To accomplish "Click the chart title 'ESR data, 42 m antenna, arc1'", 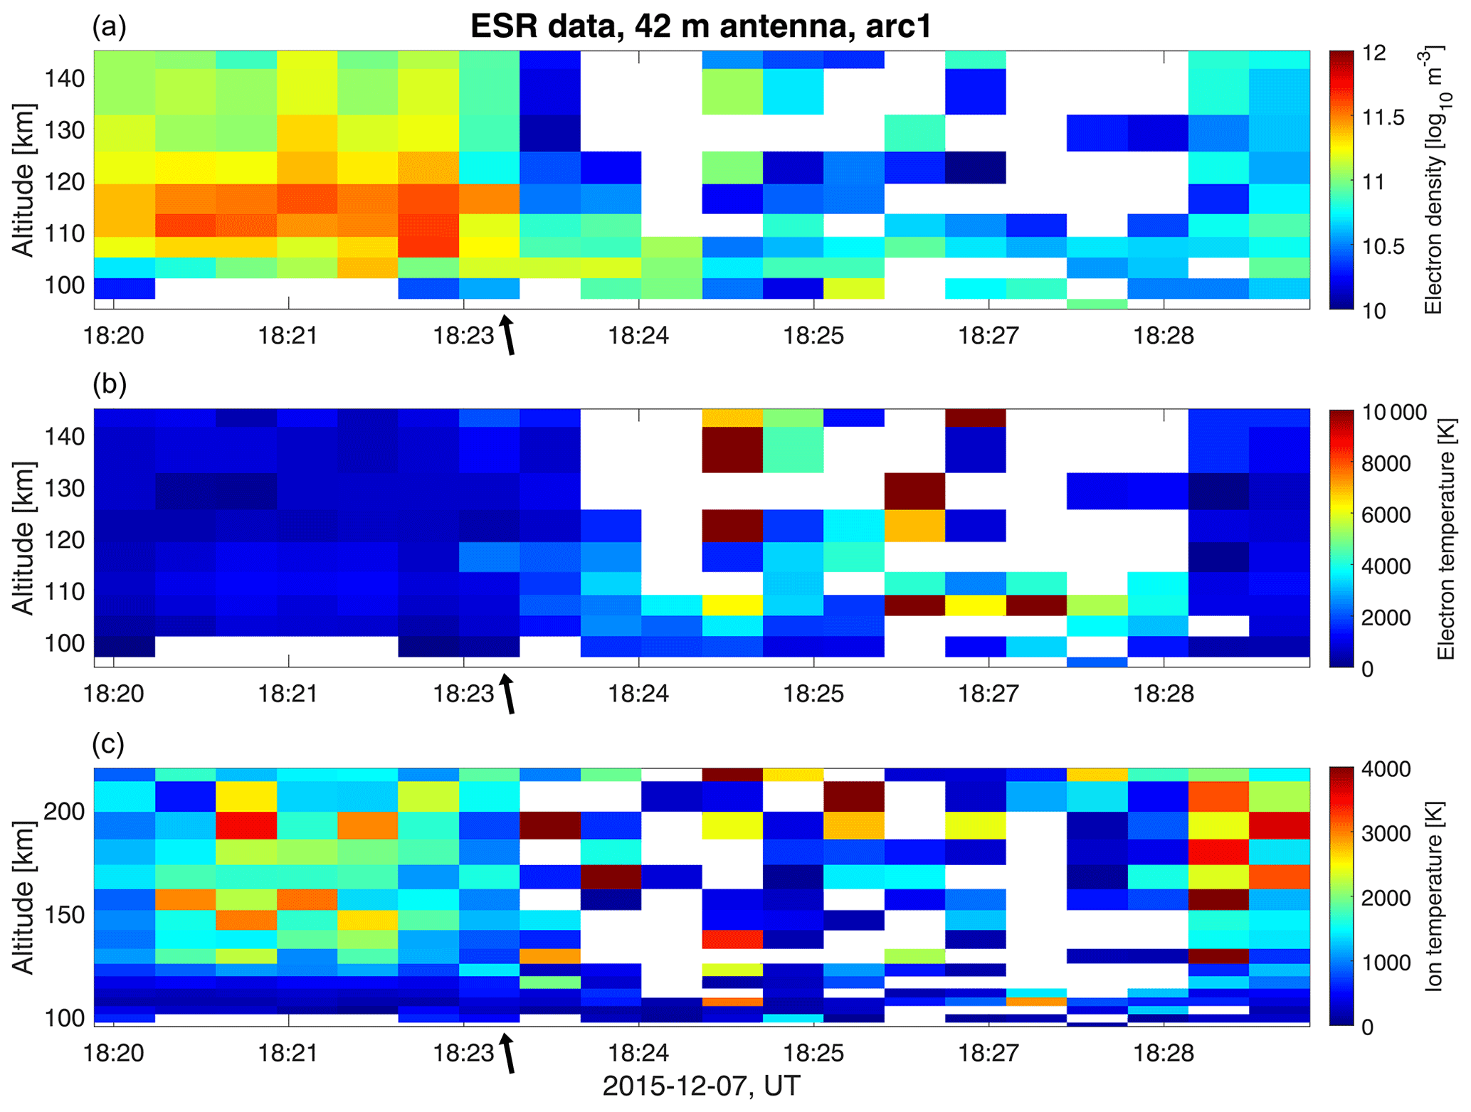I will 700,28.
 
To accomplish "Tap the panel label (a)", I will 109,26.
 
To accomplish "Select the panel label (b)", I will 109,383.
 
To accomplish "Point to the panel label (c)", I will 108,743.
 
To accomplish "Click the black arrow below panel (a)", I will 507,334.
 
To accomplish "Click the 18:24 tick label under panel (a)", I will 638,335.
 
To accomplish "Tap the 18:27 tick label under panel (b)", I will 988,693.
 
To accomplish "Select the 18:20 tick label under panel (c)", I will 114,1052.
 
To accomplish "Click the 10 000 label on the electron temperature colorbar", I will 1395,412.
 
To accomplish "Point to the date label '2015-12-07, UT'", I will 700,1086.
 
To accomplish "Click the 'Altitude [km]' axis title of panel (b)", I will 23,538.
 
